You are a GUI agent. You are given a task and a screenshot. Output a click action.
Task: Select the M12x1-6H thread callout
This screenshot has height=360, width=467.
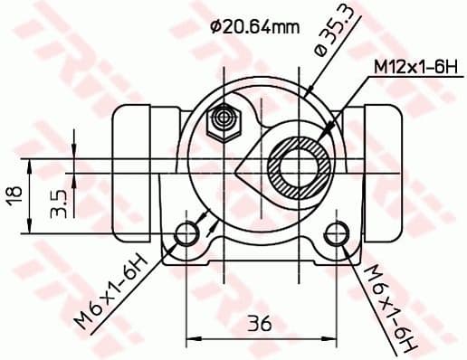tap(411, 66)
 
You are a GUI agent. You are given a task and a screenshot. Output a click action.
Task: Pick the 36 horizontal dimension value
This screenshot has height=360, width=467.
tap(262, 322)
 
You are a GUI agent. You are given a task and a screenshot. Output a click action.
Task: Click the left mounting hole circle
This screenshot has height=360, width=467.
tap(187, 233)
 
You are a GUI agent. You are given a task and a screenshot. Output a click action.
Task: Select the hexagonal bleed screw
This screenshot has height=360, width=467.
tap(222, 120)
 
